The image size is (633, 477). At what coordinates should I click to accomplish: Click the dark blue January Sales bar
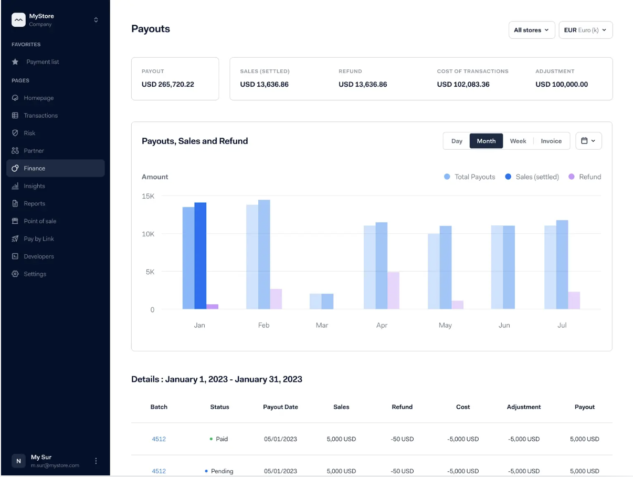[200, 256]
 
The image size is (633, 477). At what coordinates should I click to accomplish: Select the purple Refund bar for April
[393, 291]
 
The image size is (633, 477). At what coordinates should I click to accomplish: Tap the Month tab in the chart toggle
[486, 141]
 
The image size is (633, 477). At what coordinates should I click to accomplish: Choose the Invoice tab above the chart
[551, 141]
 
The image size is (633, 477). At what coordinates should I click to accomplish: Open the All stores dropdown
[531, 30]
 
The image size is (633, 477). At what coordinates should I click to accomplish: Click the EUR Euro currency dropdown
[585, 30]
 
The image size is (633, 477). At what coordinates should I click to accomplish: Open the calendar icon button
[588, 141]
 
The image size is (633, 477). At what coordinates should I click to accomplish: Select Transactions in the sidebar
[40, 116]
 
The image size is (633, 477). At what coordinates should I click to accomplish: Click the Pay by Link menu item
[39, 239]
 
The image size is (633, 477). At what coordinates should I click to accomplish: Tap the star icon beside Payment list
[15, 62]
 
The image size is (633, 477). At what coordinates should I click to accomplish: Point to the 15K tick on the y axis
[148, 196]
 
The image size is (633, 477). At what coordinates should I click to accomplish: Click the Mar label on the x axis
[322, 325]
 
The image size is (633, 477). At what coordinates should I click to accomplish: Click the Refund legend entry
[585, 177]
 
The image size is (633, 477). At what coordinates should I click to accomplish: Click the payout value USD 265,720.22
[167, 85]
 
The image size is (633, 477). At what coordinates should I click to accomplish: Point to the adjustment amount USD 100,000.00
[561, 85]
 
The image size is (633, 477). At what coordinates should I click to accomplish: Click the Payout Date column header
[280, 407]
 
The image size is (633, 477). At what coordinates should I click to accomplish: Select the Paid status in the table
[221, 439]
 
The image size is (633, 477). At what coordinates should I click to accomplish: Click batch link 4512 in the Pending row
[159, 471]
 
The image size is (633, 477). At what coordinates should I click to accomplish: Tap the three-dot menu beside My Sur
[96, 461]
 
